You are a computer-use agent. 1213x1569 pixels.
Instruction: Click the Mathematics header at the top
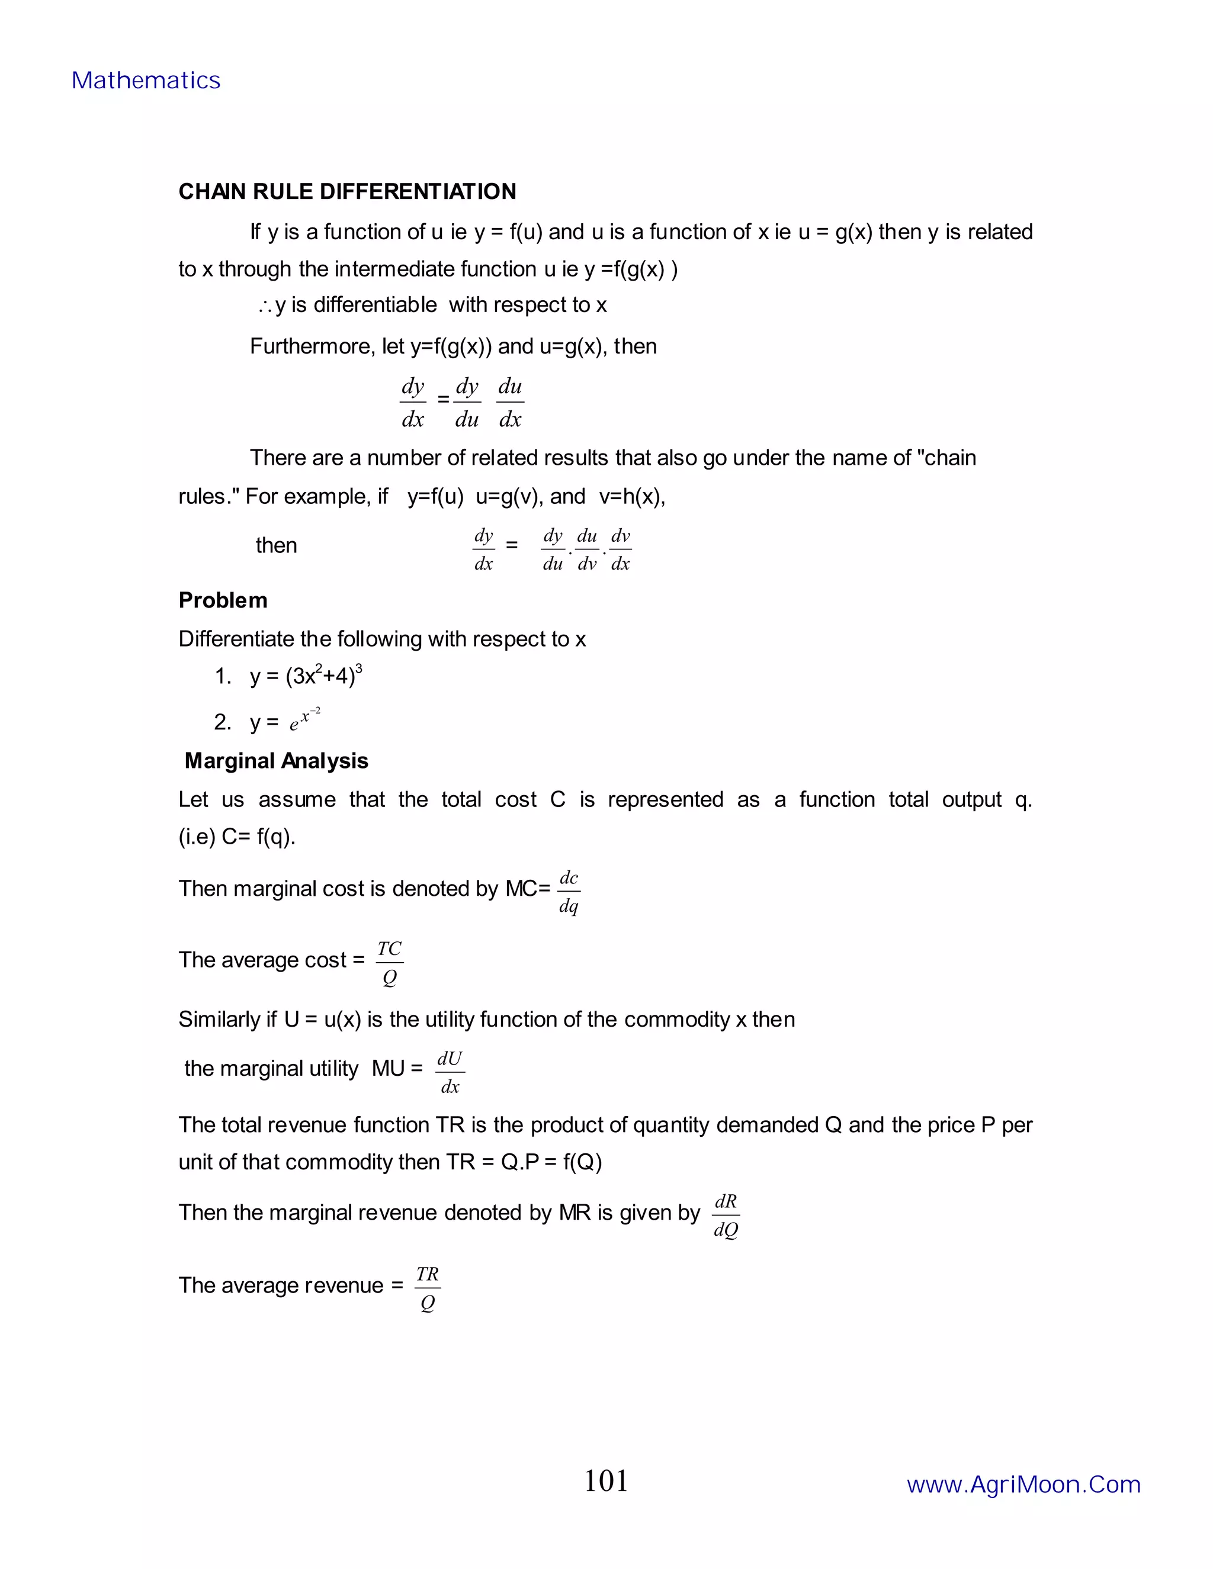[x=146, y=81]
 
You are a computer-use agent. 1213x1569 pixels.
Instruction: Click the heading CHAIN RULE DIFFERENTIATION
[x=347, y=192]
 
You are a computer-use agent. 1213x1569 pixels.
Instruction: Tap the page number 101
[x=606, y=1481]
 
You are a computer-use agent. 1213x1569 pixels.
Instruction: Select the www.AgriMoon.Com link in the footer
[x=1023, y=1484]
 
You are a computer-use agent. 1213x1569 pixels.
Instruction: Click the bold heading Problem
[x=223, y=600]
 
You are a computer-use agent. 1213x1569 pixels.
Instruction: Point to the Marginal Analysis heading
[x=276, y=761]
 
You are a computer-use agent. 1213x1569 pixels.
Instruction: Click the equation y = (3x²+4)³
[x=306, y=676]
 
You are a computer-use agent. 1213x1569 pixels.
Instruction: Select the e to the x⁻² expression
[x=304, y=719]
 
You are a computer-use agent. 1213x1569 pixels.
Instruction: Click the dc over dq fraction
[x=569, y=892]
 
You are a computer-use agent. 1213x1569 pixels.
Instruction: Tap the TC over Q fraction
[x=390, y=963]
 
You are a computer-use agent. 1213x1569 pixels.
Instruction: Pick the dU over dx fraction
[x=450, y=1072]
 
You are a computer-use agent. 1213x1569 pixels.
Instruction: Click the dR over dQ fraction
[x=726, y=1216]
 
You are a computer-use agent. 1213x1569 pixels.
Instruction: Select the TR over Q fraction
[x=428, y=1288]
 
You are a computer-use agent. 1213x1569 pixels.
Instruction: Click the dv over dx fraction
[x=620, y=549]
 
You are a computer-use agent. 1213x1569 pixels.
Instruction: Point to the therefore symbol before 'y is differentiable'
[x=264, y=307]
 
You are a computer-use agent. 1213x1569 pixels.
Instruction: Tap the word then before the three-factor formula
[x=276, y=545]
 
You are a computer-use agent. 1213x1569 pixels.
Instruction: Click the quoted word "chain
[x=946, y=458]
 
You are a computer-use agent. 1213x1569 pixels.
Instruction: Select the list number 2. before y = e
[x=222, y=722]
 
